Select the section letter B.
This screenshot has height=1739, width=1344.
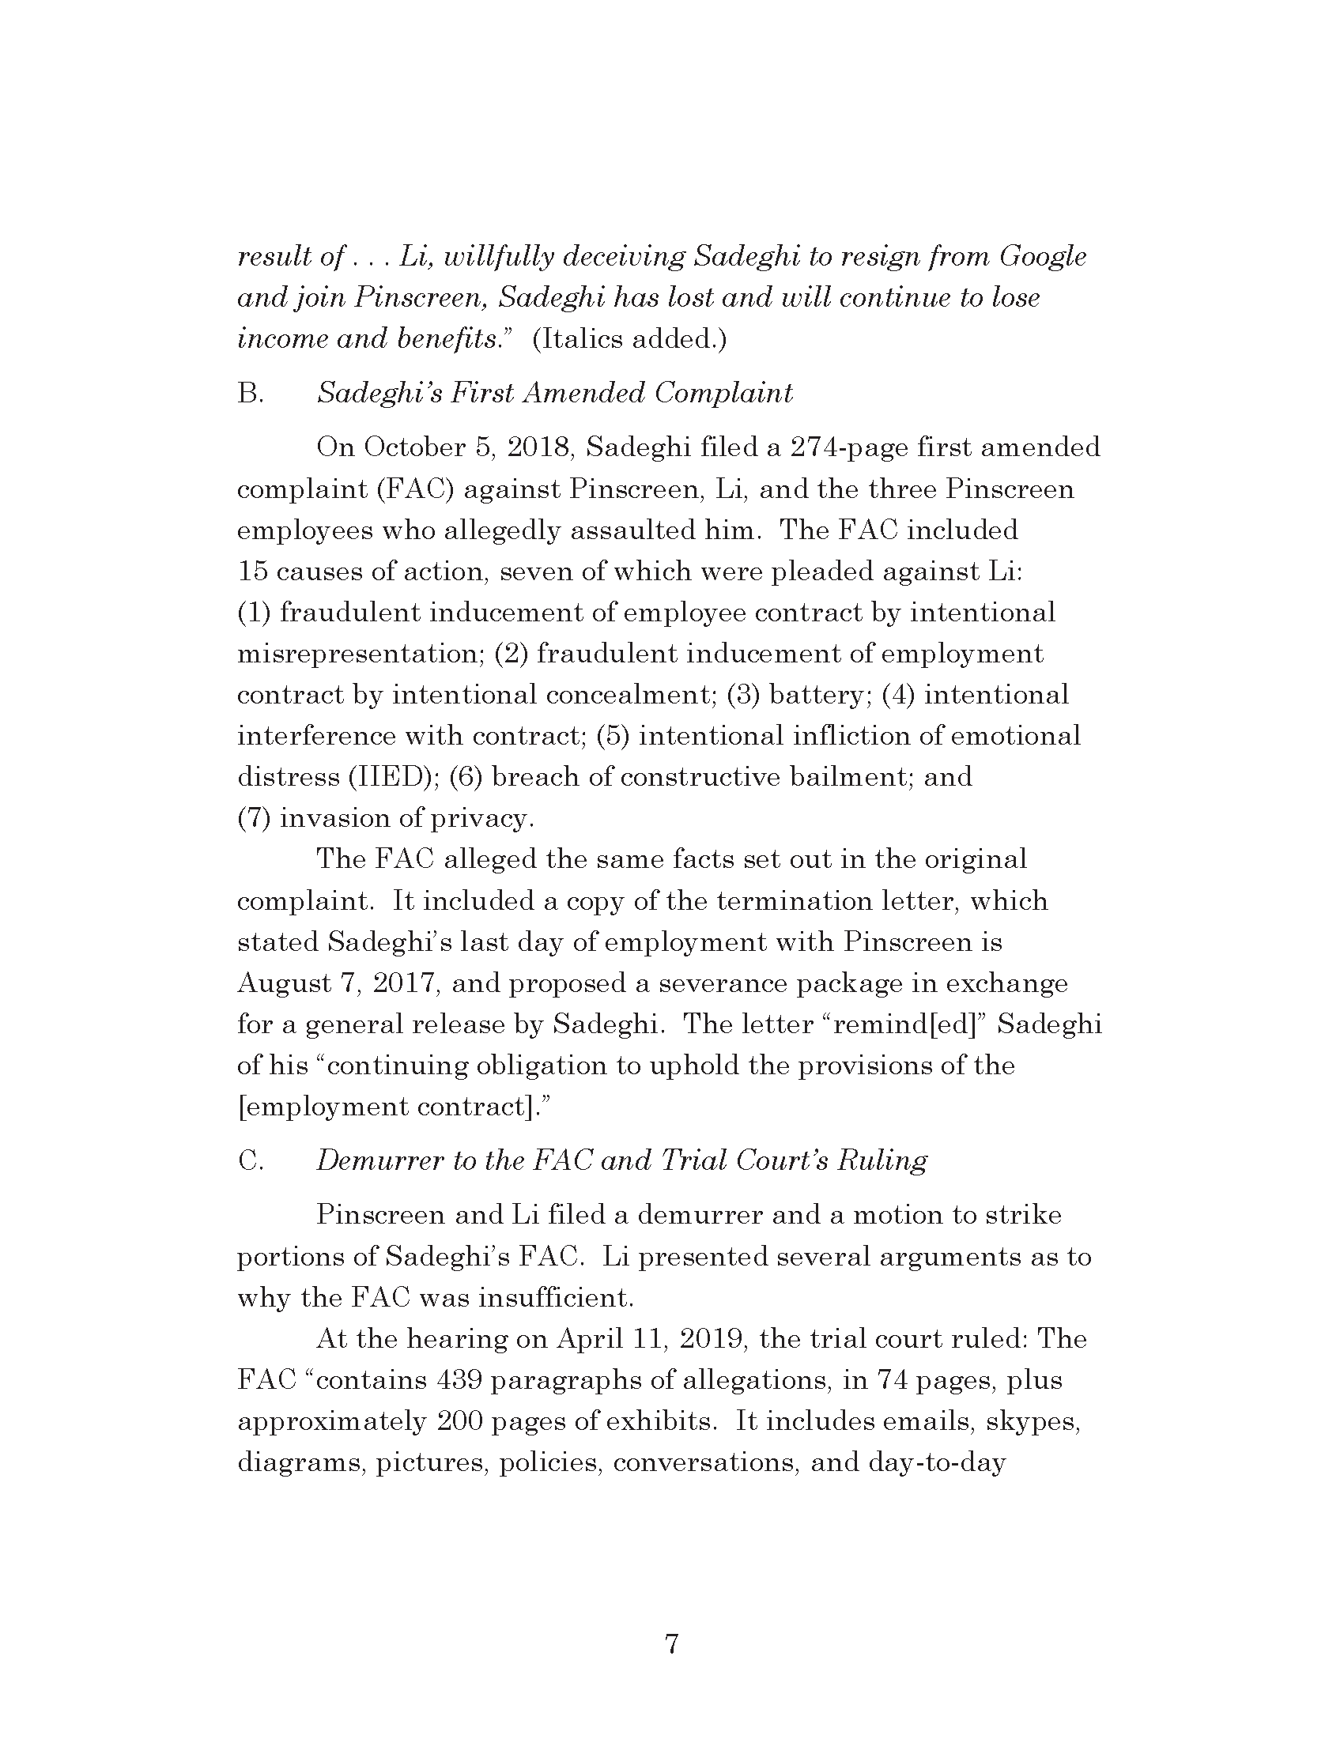(249, 394)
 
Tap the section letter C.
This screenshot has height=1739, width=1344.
(249, 1161)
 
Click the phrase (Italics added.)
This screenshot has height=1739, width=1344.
(629, 339)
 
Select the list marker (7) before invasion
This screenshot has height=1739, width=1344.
(254, 819)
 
